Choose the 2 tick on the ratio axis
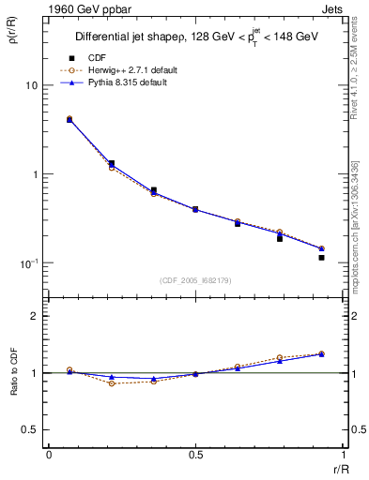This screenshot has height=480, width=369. tap(34, 316)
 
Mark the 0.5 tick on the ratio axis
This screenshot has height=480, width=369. tap(29, 429)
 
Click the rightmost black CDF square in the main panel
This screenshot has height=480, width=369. tap(321, 257)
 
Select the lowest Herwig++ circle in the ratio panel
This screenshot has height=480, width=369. tap(111, 383)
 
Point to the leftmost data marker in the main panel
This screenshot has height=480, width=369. tap(69, 119)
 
